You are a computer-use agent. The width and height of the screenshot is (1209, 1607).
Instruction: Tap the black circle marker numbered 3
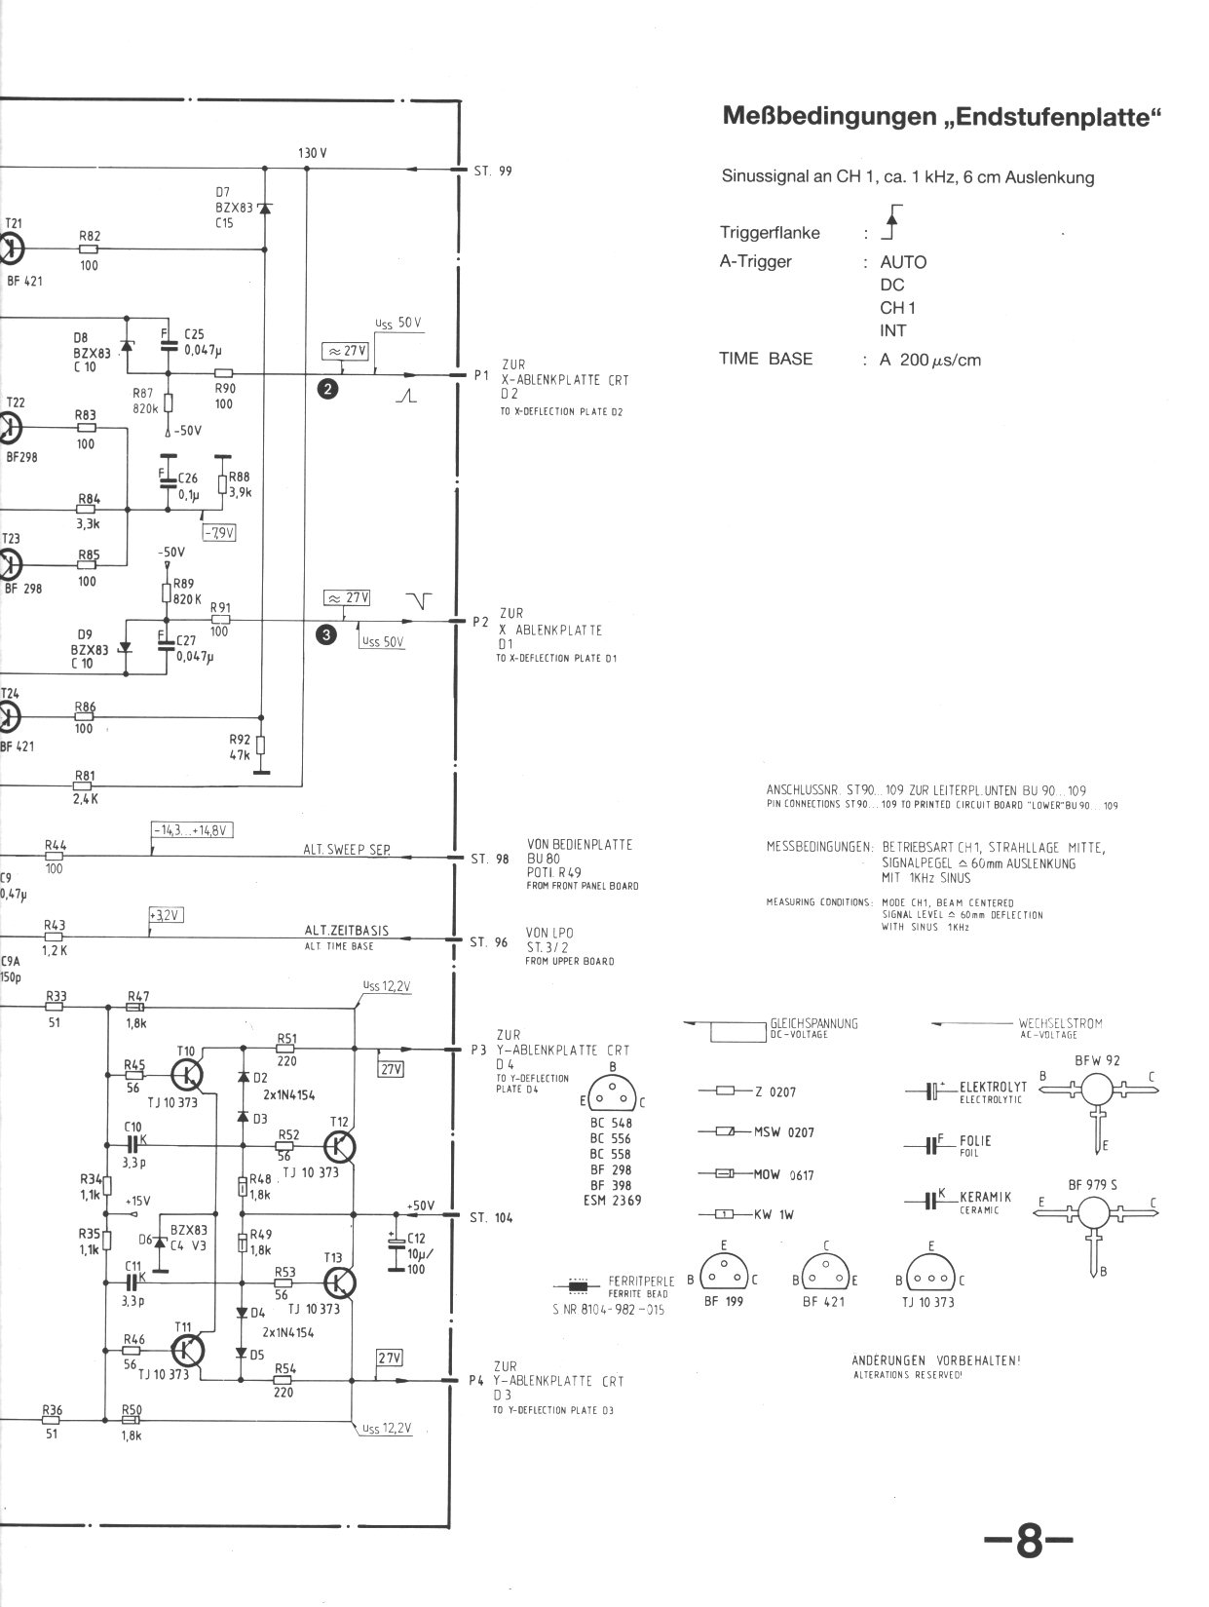click(327, 635)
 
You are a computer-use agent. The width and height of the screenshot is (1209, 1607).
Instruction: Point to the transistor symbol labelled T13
click(339, 1282)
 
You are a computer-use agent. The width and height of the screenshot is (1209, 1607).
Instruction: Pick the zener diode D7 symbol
click(264, 209)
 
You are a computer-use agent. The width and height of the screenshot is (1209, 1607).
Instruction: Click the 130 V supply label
click(312, 154)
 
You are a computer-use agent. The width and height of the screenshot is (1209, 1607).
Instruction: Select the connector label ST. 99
click(493, 172)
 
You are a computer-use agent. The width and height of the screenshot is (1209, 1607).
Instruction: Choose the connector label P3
click(477, 1051)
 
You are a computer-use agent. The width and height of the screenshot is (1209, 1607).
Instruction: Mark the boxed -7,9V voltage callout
click(219, 533)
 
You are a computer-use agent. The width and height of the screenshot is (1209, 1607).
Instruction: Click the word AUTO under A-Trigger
click(903, 262)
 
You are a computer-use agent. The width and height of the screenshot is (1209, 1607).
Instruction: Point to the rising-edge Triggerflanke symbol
click(890, 223)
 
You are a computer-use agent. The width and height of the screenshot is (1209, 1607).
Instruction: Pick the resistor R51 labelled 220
click(285, 1049)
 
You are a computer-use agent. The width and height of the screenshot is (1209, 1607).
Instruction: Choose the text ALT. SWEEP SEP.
click(347, 850)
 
